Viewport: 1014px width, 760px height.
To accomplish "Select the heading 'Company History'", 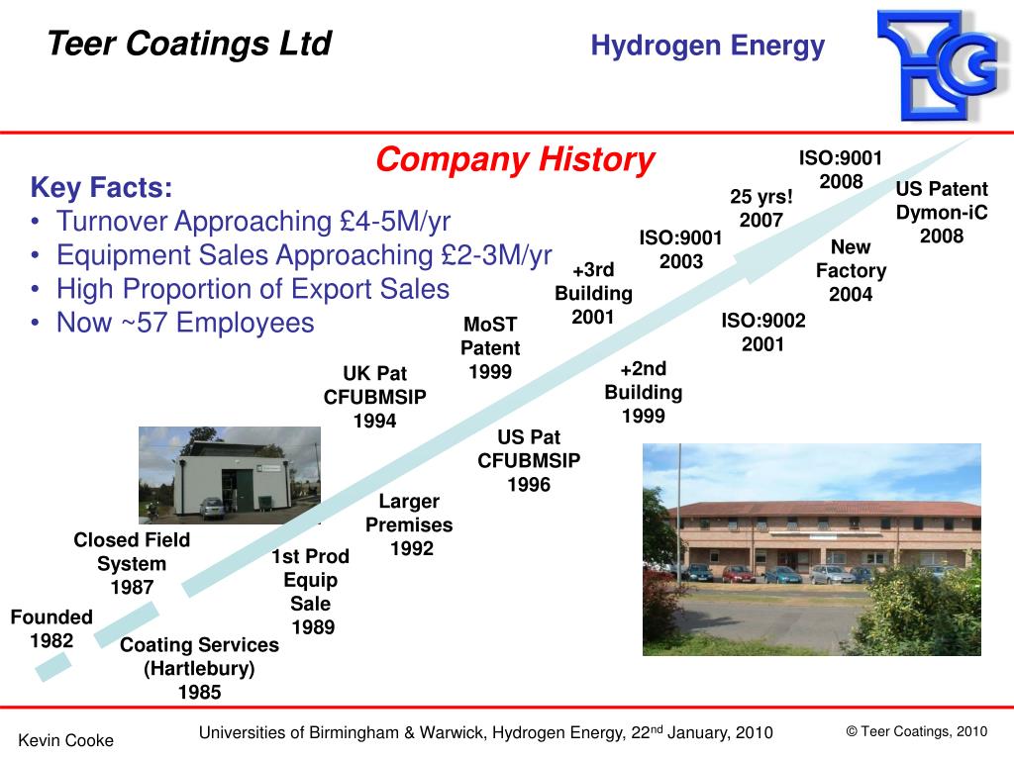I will (515, 159).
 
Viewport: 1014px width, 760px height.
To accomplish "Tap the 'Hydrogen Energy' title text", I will (707, 46).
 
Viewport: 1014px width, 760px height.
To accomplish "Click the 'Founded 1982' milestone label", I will (51, 628).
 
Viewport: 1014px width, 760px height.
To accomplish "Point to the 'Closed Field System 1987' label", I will (132, 563).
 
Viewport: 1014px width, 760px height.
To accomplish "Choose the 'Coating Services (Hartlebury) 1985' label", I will (199, 668).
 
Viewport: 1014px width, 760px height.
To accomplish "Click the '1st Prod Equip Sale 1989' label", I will (311, 591).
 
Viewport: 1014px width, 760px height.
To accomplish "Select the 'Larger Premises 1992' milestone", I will (409, 524).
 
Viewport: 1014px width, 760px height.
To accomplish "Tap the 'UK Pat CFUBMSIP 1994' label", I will (375, 397).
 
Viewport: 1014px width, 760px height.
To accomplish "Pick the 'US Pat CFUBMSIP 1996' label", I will (529, 460).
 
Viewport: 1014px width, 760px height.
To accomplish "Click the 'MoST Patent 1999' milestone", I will (490, 347).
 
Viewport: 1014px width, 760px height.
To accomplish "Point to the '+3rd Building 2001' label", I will (593, 293).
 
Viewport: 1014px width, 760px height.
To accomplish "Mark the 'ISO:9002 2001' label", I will (763, 332).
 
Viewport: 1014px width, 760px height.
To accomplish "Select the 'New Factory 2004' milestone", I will (851, 270).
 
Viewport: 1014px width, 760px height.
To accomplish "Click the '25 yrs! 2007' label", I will (761, 208).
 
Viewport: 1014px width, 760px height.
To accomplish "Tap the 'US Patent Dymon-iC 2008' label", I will (942, 212).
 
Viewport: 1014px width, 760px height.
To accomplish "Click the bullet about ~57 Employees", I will (184, 323).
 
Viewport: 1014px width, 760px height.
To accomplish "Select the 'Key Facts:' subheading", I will (101, 188).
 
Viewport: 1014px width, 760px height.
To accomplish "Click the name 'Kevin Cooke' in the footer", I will (67, 740).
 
